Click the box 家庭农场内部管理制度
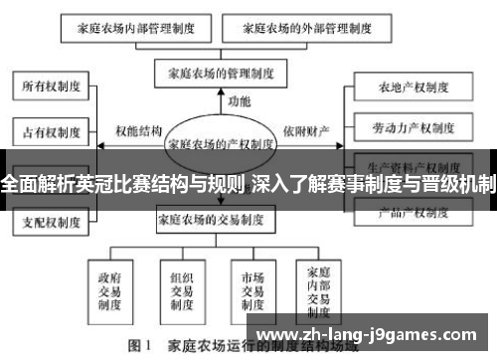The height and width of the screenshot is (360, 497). tap(137, 29)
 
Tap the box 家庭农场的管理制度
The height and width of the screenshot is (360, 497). tap(222, 73)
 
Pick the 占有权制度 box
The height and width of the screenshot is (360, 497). tap(48, 129)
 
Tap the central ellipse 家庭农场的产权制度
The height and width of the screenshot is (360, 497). tap(221, 142)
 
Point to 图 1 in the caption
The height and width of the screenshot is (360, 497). tap(138, 347)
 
